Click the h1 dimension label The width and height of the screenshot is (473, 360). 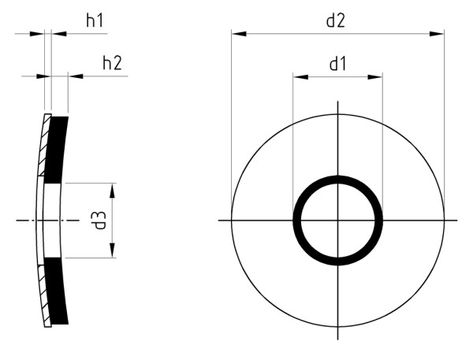(x=95, y=21)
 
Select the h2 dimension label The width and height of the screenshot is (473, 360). (x=112, y=63)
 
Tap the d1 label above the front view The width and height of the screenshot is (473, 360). (x=337, y=64)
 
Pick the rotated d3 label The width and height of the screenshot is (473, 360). (x=99, y=220)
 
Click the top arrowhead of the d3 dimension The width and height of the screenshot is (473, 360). (x=113, y=190)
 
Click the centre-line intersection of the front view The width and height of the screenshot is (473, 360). (x=338, y=220)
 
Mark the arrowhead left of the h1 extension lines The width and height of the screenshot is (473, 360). (x=39, y=33)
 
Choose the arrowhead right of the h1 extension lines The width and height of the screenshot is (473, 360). (x=58, y=33)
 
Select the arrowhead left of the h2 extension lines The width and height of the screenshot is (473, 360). (x=43, y=76)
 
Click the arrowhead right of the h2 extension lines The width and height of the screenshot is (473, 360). (x=75, y=76)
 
